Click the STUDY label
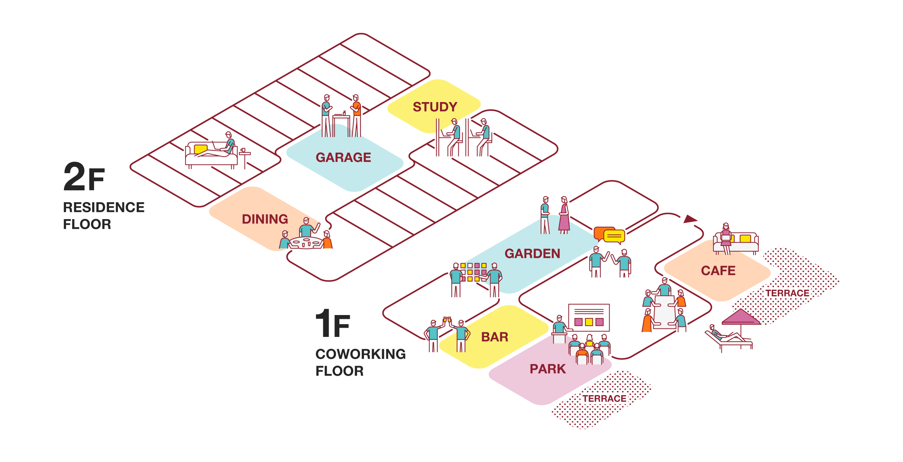pos(435,107)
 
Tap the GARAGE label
pos(343,157)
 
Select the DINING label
pos(265,219)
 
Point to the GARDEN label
pos(532,254)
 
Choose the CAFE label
pos(718,271)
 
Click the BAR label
pos(495,337)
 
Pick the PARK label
pos(547,369)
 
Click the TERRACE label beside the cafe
pos(787,293)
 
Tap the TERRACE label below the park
pos(604,399)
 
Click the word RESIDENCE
pos(104,207)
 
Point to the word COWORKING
pos(361,354)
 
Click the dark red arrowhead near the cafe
pos(690,219)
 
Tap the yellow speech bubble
pos(614,236)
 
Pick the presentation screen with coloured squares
pos(589,317)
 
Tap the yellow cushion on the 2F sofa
pos(200,149)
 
